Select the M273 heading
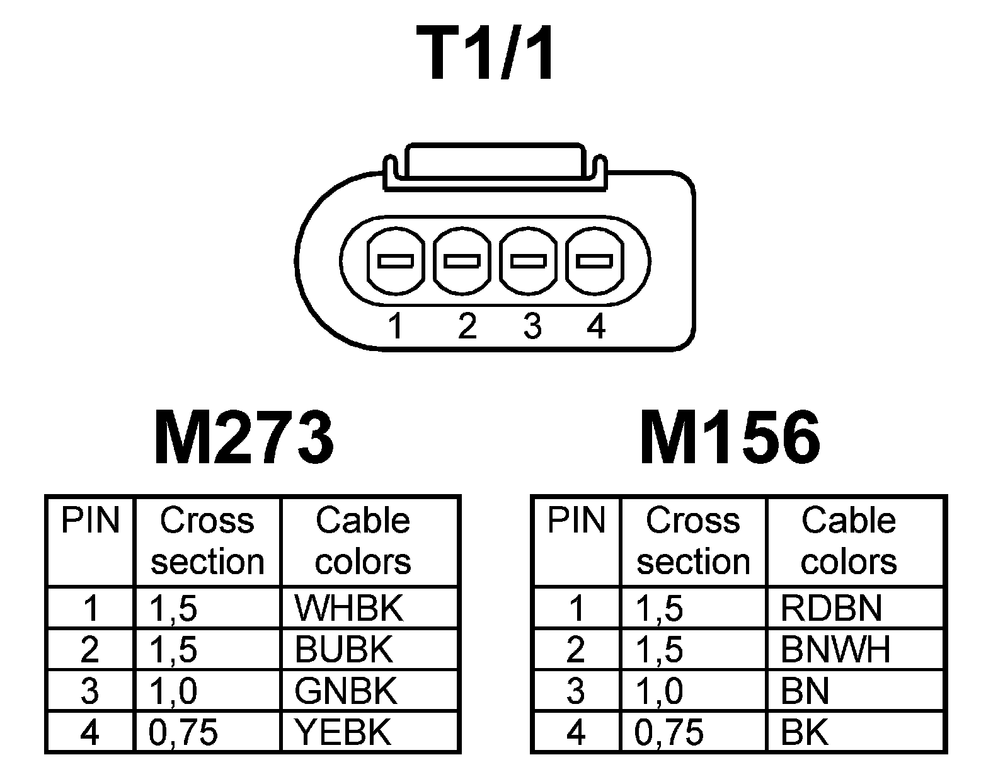pos(244,437)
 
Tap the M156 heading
pos(730,437)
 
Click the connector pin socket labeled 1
pos(395,260)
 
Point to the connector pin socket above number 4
pos(595,260)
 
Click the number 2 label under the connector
pos(467,326)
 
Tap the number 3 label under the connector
pos(532,326)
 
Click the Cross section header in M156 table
pos(693,541)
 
